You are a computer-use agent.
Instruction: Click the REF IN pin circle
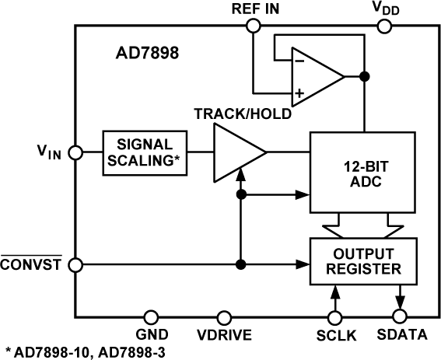(252, 26)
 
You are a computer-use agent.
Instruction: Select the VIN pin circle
(75, 152)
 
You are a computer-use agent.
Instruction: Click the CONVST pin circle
(75, 264)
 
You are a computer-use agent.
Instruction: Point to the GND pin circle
(150, 316)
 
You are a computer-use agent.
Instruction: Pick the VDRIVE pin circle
(225, 316)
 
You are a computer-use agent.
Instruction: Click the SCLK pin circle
(335, 316)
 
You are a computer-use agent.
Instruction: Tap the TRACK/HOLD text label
(243, 114)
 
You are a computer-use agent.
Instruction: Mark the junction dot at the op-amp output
(364, 76)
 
